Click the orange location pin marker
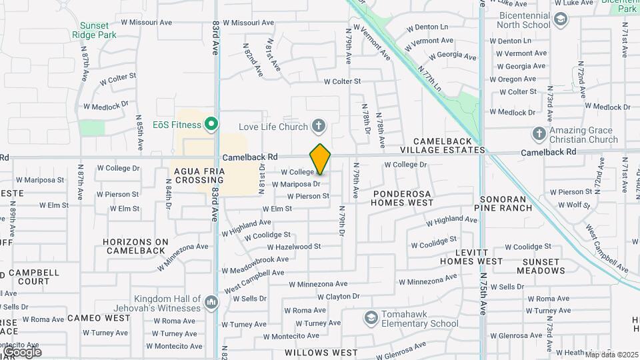(x=320, y=159)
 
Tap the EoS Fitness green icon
(x=211, y=124)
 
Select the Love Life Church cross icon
(x=319, y=126)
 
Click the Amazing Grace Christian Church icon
(x=539, y=134)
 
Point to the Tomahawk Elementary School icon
(x=371, y=317)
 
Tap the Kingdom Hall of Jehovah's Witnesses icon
(x=211, y=303)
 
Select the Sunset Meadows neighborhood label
(x=541, y=266)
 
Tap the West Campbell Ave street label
(x=255, y=281)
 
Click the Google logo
(x=21, y=351)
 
